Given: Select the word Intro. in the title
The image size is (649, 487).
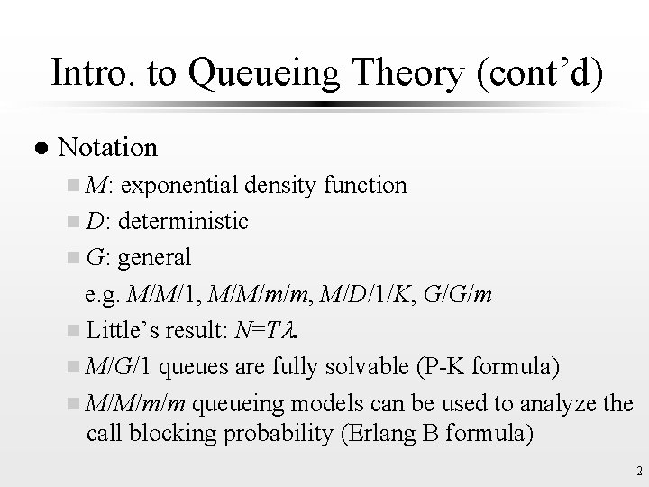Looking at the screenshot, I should (88, 73).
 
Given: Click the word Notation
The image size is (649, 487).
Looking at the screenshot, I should (107, 146).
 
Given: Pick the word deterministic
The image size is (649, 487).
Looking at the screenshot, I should (183, 221).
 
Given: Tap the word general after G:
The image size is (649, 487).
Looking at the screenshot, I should (154, 258).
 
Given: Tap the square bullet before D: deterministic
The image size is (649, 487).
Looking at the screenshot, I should (73, 222).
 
